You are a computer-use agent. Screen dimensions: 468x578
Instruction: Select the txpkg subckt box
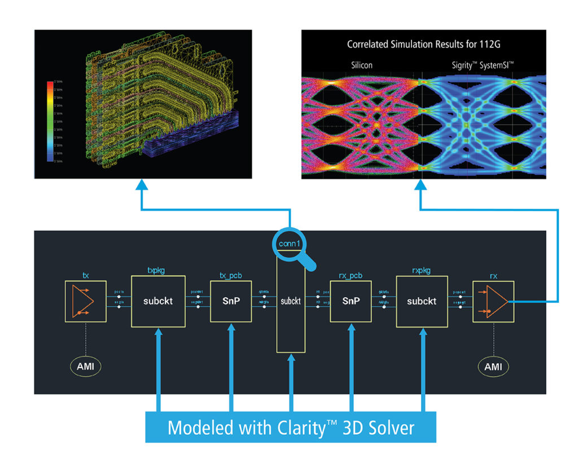[x=158, y=301]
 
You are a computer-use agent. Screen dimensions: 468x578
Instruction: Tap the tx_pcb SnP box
[x=230, y=301]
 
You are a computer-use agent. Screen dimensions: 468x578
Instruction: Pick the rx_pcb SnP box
[x=351, y=301]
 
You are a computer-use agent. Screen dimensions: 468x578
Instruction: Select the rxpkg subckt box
[x=422, y=301]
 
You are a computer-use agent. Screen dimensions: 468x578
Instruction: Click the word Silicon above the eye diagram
[x=358, y=65]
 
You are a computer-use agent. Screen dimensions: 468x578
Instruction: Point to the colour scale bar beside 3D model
[x=50, y=121]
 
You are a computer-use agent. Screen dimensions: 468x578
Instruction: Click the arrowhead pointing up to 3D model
[x=142, y=187]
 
